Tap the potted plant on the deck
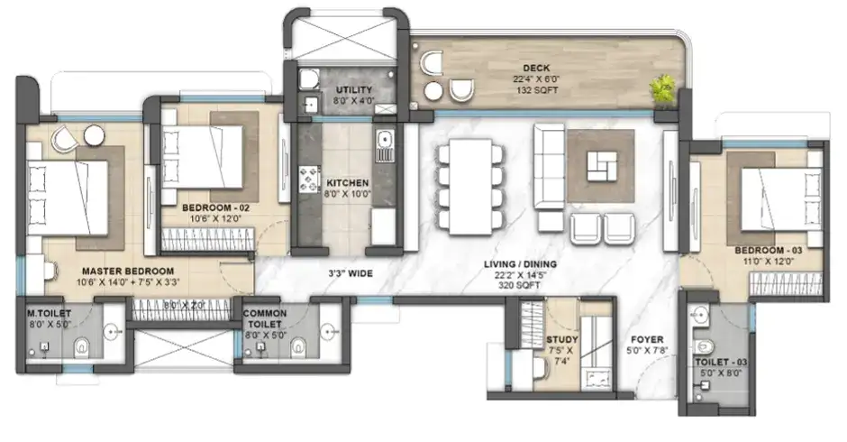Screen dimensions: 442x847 pos(664,87)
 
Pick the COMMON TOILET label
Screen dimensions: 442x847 pos(264,318)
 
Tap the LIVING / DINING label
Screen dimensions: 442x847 pos(521,264)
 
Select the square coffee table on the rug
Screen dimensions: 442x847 pos(601,164)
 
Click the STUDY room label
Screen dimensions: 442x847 pos(561,340)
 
